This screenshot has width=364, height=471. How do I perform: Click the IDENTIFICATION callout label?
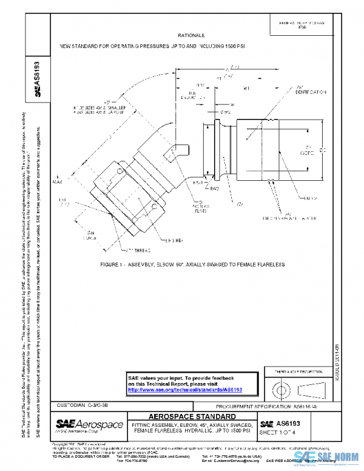tap(311, 92)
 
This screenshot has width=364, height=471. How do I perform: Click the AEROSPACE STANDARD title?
tap(192, 416)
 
